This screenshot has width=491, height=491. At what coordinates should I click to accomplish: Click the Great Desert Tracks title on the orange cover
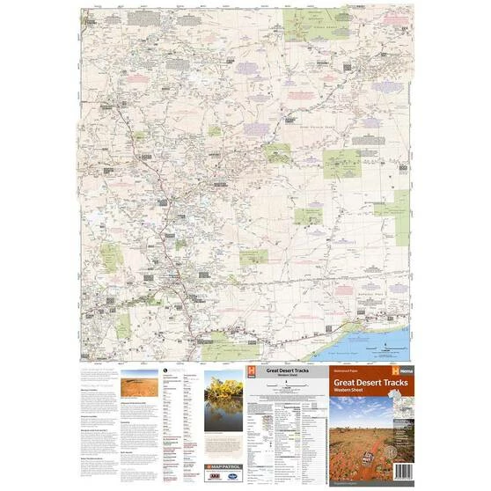[x=372, y=385]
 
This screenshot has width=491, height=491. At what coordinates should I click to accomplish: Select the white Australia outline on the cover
[x=398, y=408]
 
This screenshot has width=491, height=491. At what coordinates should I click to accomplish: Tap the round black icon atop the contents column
[x=165, y=370]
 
